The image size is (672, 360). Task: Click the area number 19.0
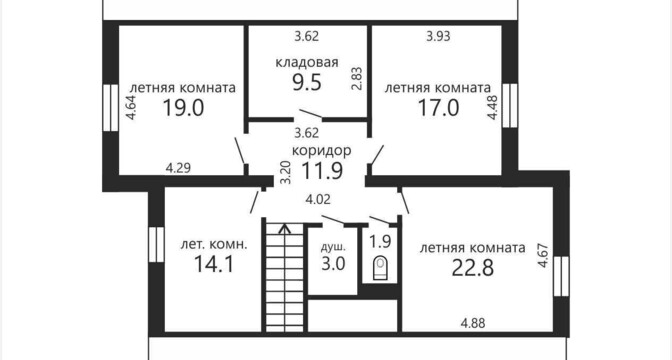pos(183,108)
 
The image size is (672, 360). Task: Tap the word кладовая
pos(307,63)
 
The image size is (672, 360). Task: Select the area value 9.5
pos(307,82)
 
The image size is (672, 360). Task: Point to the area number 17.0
pos(438,108)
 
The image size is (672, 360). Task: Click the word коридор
pos(321,151)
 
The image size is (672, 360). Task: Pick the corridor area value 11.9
pos(322,171)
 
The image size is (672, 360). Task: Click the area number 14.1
pos(214,264)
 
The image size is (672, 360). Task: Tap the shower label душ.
pos(333,247)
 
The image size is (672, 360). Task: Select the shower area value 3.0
pos(333,263)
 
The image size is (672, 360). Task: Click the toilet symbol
pos(380,268)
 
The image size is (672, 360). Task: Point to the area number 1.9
pos(381,242)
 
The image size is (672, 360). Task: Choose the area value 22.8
pos(473,268)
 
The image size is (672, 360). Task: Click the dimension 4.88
pos(473,323)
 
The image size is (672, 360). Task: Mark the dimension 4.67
pos(543,255)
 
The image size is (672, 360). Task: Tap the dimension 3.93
pos(438,36)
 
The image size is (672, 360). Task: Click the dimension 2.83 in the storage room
pos(357,78)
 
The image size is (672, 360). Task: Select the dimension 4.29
pos(178,168)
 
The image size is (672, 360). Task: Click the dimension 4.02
pos(318,199)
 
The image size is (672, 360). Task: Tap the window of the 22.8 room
pos(561,276)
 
